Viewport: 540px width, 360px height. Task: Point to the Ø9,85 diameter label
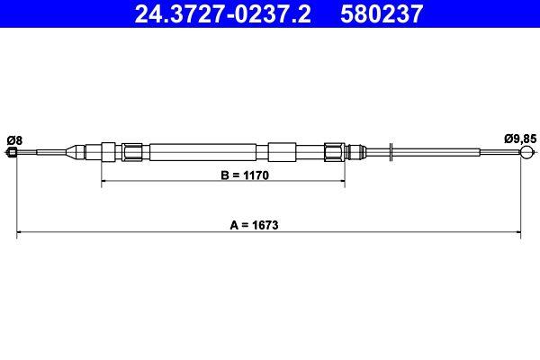[x=519, y=138]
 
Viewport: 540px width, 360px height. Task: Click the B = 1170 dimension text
[x=222, y=175]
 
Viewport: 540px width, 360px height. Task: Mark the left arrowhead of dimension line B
[x=104, y=183]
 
